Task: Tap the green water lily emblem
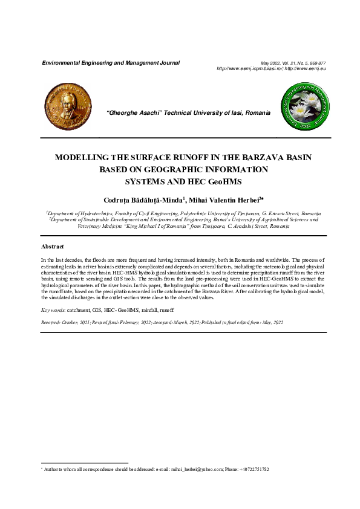point(303,106)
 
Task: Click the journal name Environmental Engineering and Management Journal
point(110,63)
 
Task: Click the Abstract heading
point(53,247)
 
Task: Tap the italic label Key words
point(53,310)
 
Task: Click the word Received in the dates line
point(51,323)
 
